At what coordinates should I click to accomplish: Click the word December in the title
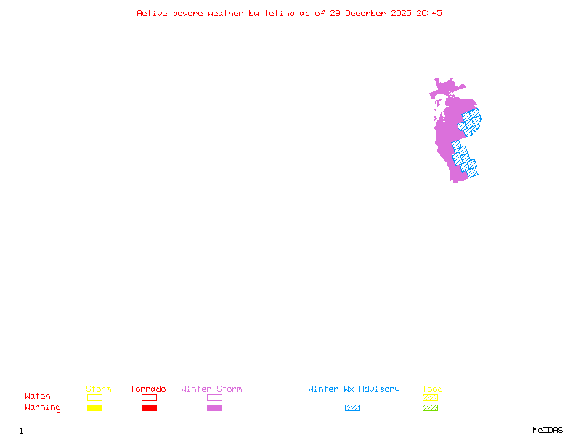[368, 13]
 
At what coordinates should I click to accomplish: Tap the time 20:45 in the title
[428, 13]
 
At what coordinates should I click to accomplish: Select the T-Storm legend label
[94, 389]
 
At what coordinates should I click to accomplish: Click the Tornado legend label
[148, 389]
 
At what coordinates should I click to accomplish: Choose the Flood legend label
[430, 389]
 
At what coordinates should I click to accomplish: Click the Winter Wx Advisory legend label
[354, 389]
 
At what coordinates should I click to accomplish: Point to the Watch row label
[38, 397]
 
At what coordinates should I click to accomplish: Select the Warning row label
[43, 407]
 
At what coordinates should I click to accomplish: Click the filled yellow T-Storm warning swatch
[94, 408]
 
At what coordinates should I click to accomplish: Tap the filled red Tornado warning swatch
[149, 408]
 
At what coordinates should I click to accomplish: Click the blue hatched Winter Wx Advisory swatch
[352, 408]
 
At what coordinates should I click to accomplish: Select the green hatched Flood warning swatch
[430, 408]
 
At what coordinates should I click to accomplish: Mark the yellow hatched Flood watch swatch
[430, 397]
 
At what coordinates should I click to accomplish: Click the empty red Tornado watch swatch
[149, 397]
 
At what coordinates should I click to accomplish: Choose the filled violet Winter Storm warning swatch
[214, 408]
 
